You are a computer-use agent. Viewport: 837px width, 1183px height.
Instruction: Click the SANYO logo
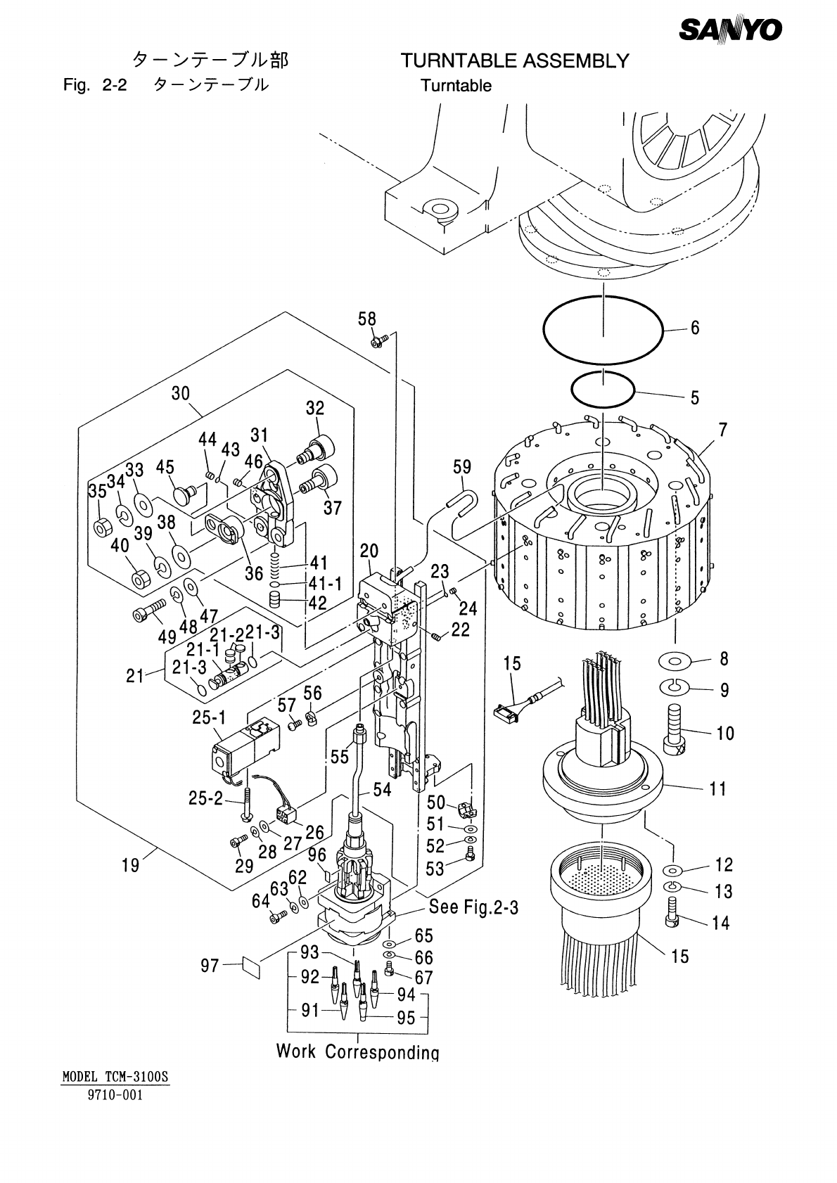(x=731, y=29)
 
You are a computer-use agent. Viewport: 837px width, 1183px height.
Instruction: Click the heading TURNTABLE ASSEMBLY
(x=514, y=61)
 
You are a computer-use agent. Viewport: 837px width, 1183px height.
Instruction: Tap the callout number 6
(x=694, y=328)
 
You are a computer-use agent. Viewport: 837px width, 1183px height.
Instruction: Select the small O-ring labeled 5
(x=603, y=389)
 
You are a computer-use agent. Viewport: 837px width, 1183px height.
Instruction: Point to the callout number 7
(x=722, y=430)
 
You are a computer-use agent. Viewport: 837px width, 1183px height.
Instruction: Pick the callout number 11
(x=717, y=788)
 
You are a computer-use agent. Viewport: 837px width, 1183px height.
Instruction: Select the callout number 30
(x=181, y=394)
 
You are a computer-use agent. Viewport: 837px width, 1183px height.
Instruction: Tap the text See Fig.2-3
(x=473, y=907)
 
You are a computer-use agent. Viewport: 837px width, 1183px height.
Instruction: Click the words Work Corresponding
(x=357, y=1051)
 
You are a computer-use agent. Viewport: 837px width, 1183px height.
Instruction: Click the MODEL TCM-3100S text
(x=116, y=1077)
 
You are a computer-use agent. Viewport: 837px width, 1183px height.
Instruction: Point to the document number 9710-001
(x=116, y=1095)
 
